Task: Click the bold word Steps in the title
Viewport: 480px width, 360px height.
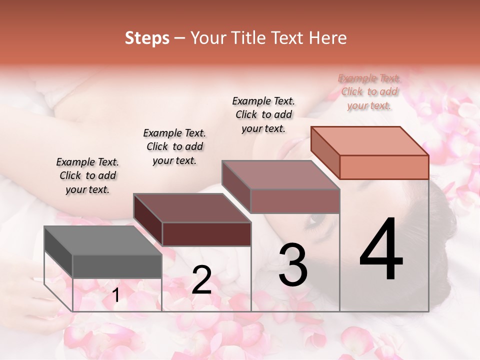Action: (x=147, y=38)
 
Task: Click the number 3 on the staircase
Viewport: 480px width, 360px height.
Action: (x=292, y=265)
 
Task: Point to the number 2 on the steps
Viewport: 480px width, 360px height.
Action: (x=201, y=280)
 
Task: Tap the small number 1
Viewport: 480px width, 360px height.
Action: (x=116, y=295)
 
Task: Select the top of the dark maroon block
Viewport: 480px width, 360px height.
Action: (x=191, y=207)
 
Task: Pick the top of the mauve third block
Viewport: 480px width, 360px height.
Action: (x=280, y=175)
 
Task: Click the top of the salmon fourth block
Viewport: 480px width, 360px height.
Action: (x=369, y=140)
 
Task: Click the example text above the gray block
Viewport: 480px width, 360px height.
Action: (x=87, y=175)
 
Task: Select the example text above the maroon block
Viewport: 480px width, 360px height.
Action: (x=174, y=146)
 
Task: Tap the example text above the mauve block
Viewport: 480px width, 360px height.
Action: (x=263, y=114)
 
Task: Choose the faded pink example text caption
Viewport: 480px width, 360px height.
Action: (x=369, y=91)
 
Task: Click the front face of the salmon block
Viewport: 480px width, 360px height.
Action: (x=384, y=167)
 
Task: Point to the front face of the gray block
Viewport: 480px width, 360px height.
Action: (x=117, y=266)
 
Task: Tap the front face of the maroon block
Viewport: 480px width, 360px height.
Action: (x=206, y=234)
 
